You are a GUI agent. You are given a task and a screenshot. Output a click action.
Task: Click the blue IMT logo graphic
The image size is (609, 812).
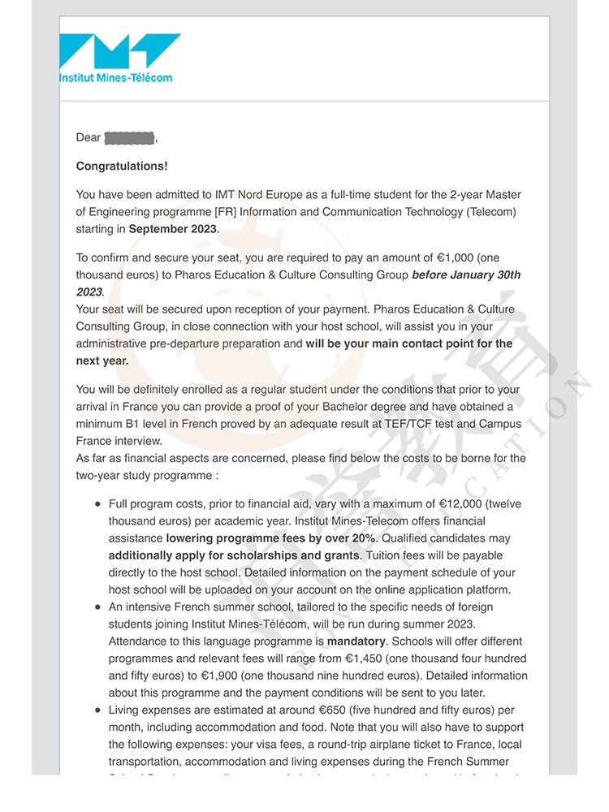[119, 52]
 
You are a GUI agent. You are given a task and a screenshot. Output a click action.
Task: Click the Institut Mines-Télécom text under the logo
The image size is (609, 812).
[115, 78]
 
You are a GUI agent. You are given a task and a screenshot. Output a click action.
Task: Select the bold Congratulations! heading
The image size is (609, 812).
[122, 166]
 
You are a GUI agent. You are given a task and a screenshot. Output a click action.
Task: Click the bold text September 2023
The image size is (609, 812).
[173, 229]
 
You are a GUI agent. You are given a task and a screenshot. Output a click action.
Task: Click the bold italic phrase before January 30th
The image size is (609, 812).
[466, 275]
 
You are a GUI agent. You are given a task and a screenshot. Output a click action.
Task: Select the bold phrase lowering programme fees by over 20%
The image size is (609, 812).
[270, 538]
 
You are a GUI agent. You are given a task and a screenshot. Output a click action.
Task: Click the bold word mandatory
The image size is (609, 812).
[356, 641]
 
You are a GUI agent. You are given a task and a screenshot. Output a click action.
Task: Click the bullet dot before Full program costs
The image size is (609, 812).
[98, 504]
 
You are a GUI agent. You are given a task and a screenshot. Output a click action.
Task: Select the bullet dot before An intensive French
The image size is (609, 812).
[98, 607]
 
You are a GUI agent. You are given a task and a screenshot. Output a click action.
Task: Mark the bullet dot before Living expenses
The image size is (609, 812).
[98, 710]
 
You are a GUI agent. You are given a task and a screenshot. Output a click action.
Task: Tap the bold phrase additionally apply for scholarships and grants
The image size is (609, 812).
[234, 555]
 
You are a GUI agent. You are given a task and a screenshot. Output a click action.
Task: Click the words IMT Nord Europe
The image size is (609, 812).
[253, 195]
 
